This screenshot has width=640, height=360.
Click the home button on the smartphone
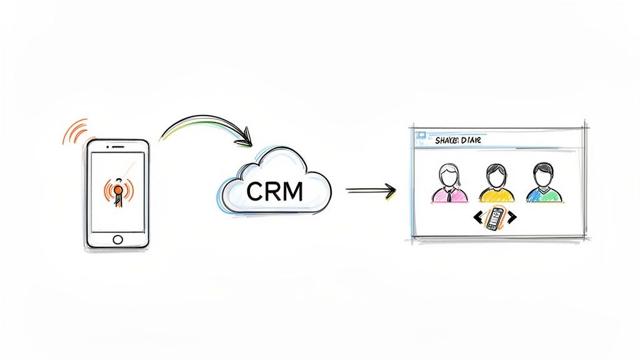[118, 239]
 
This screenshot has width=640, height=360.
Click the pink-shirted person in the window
[449, 184]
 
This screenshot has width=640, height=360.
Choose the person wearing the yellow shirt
[494, 184]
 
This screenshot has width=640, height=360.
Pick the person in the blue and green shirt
[542, 184]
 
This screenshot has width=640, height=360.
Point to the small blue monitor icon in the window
[419, 133]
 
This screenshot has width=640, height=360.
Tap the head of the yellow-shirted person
[495, 173]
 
